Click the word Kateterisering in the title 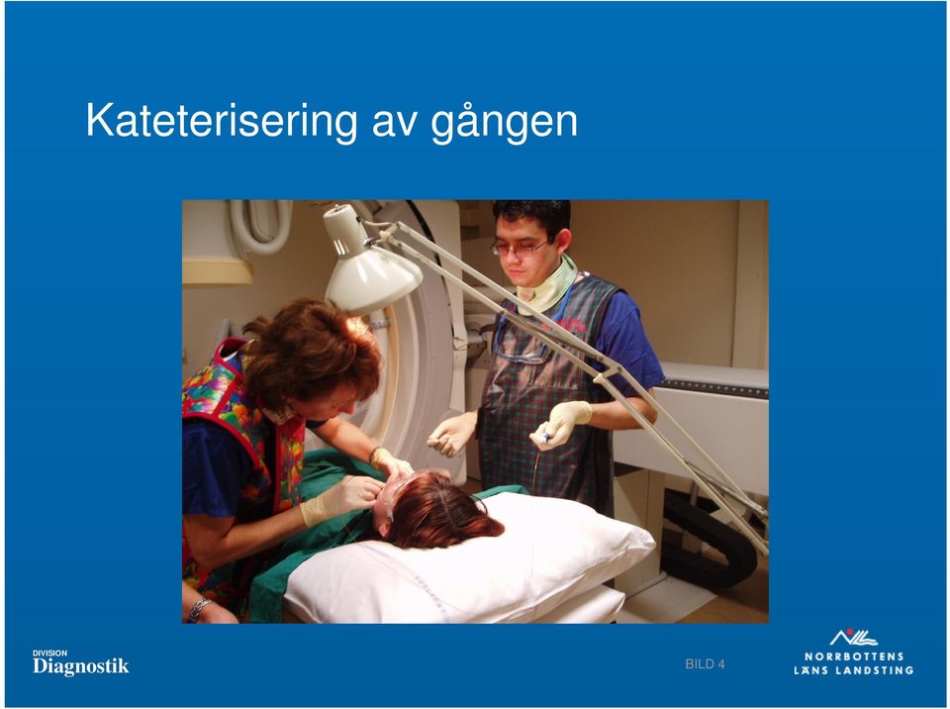coord(223,121)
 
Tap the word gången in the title coord(504,123)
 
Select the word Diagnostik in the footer coord(80,666)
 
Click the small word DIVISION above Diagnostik coord(49,653)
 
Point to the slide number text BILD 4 coord(706,664)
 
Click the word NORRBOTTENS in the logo coord(854,657)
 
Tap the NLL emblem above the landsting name coord(853,638)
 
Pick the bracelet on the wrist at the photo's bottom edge coord(198,609)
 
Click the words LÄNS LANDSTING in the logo coord(854,670)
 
